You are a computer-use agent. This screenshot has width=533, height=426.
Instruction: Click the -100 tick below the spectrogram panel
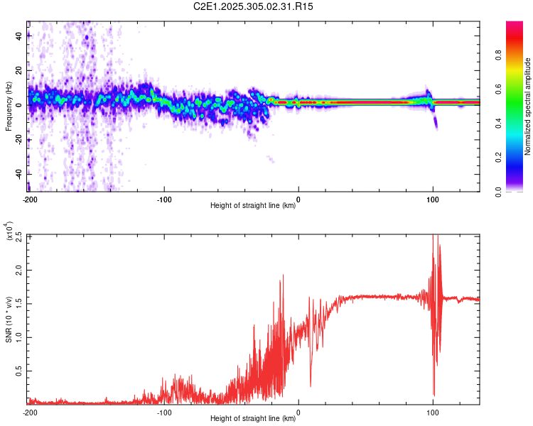click(x=164, y=200)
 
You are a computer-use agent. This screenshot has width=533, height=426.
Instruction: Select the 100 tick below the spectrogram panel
click(x=433, y=200)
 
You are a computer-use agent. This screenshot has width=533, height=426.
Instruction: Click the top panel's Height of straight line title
click(x=253, y=207)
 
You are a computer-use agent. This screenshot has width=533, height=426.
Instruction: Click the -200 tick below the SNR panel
click(x=30, y=412)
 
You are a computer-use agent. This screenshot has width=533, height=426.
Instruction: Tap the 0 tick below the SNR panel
click(x=298, y=412)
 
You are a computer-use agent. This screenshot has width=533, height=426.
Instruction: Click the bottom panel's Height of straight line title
click(x=253, y=419)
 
